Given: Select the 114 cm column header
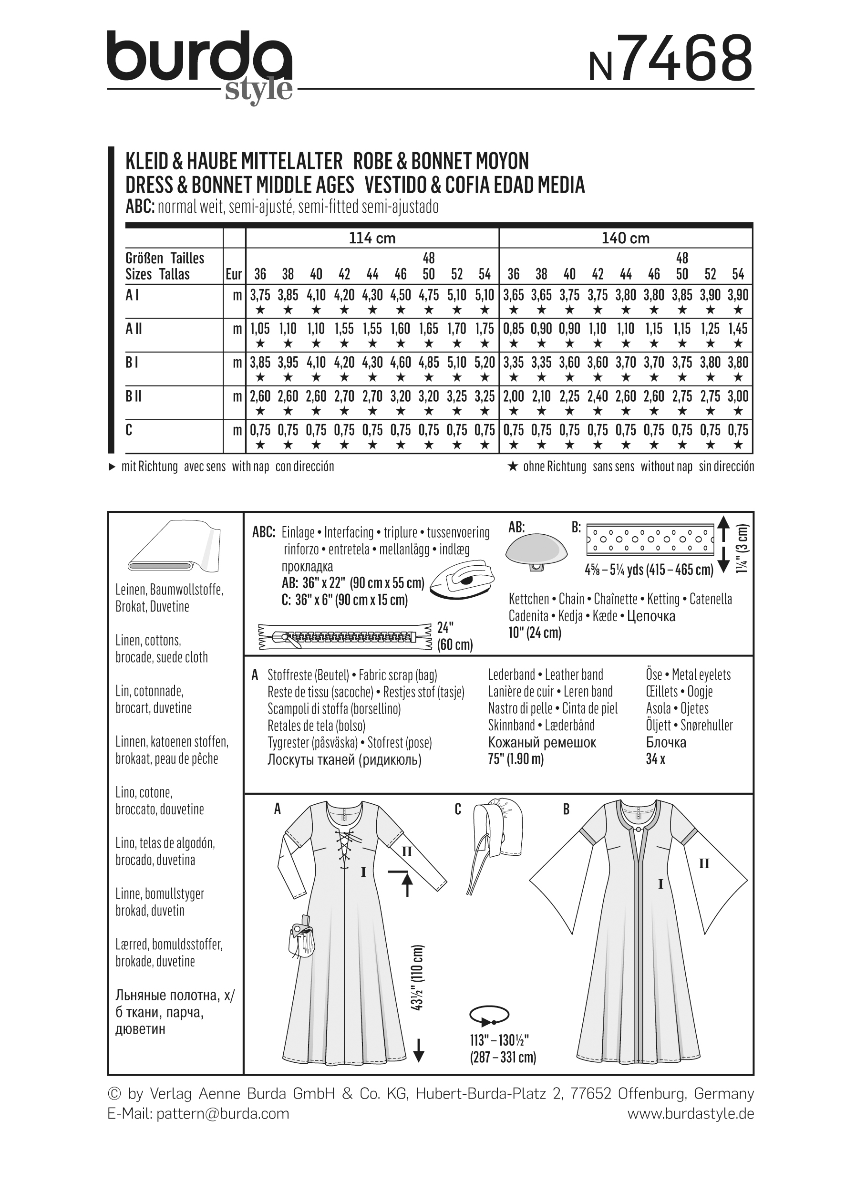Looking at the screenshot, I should tap(371, 239).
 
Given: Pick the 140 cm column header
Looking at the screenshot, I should tap(625, 239).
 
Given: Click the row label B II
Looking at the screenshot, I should tap(134, 396).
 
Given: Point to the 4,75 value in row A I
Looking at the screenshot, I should tap(429, 295).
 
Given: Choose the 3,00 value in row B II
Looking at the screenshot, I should tap(738, 396).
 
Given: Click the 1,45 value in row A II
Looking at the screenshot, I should tap(738, 329).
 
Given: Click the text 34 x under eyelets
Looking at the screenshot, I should tap(655, 759).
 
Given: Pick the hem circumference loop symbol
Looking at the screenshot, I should tap(488, 1015).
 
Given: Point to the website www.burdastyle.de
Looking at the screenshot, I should tap(690, 1114).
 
